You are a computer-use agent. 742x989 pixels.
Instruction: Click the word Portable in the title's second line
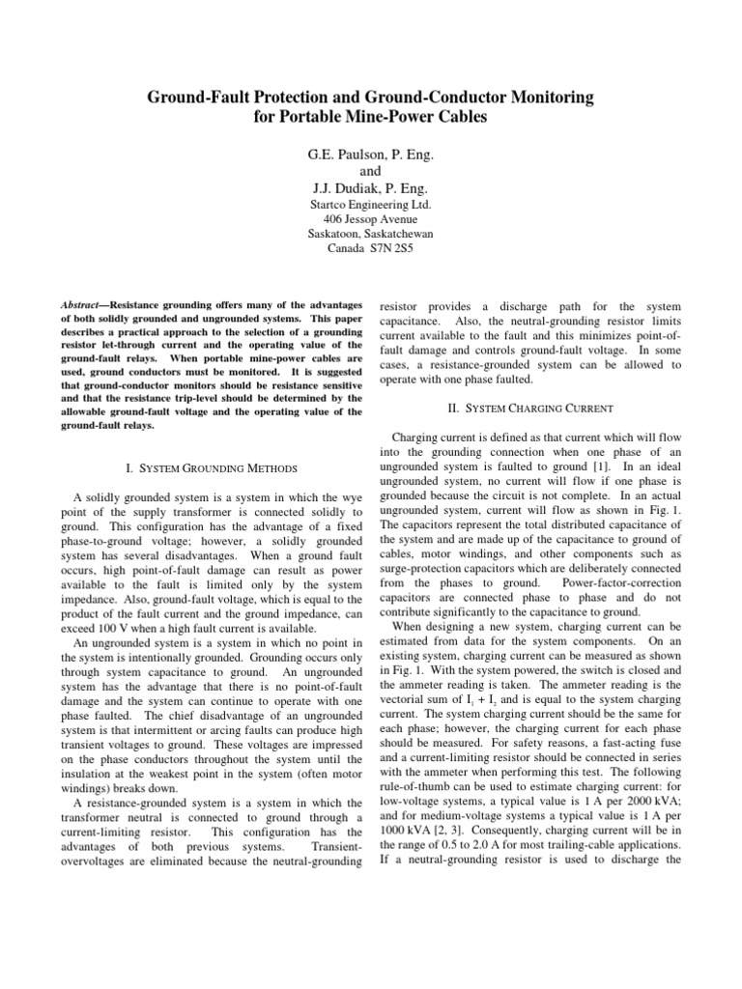click(321, 118)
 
